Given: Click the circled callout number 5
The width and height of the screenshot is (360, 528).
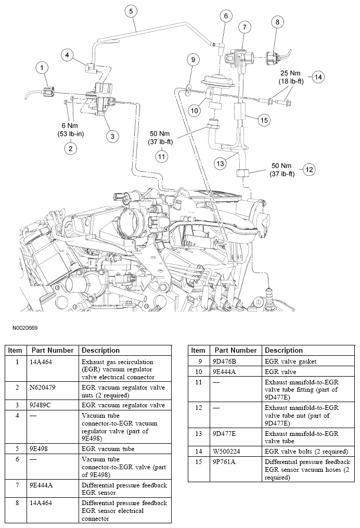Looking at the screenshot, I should pos(130,10).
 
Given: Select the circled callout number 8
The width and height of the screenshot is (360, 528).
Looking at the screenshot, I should pos(277,22).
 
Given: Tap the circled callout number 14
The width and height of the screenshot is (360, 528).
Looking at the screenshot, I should pos(318,77).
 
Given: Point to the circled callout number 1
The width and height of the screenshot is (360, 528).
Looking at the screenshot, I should pos(42,67).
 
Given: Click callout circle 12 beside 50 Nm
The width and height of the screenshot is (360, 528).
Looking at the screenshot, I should pos(309,169).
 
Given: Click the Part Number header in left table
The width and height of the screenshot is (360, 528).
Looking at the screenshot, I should pos(53,350).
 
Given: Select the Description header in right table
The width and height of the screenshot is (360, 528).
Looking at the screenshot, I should pos(284,350).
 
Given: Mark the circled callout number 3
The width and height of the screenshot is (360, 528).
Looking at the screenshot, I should pos(111,136).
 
